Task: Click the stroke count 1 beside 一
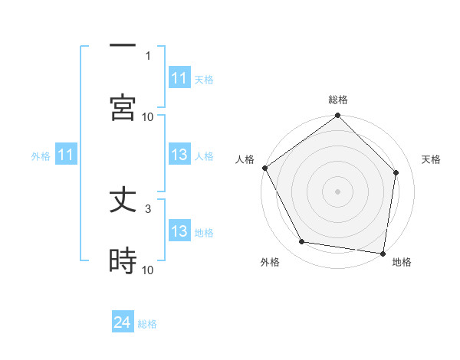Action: [x=148, y=55]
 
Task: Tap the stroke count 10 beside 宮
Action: [x=148, y=116]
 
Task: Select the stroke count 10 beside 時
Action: [x=148, y=270]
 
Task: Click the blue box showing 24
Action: [x=123, y=323]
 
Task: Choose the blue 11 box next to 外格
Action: [x=66, y=155]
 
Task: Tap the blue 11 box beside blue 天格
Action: [x=179, y=79]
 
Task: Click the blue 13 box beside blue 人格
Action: [x=179, y=155]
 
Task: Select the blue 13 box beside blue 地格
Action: [x=179, y=232]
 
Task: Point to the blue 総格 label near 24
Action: [x=147, y=324]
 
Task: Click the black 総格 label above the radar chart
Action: [x=338, y=100]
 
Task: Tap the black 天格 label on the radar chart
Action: [x=432, y=159]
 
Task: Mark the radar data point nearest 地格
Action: [x=383, y=253]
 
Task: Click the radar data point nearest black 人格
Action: [x=265, y=168]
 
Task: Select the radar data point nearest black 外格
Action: [x=302, y=242]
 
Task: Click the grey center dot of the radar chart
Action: [x=338, y=191]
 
